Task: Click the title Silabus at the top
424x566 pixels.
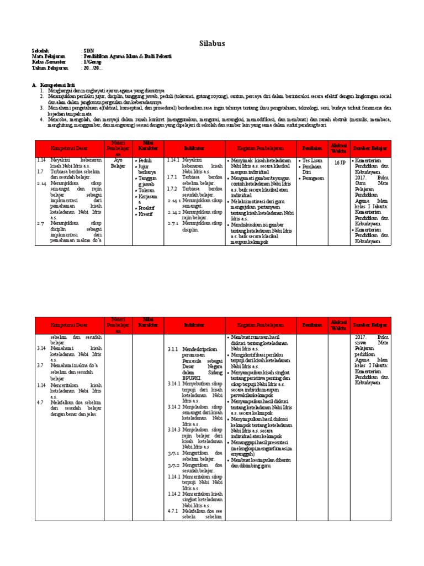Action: (212, 44)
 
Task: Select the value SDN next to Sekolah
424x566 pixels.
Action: (87, 50)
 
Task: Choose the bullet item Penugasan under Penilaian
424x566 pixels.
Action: (314, 179)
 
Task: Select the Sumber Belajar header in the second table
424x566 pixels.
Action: (371, 325)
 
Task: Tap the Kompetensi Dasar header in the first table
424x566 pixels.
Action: (69, 148)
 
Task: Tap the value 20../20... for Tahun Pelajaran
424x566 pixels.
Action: (92, 69)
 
